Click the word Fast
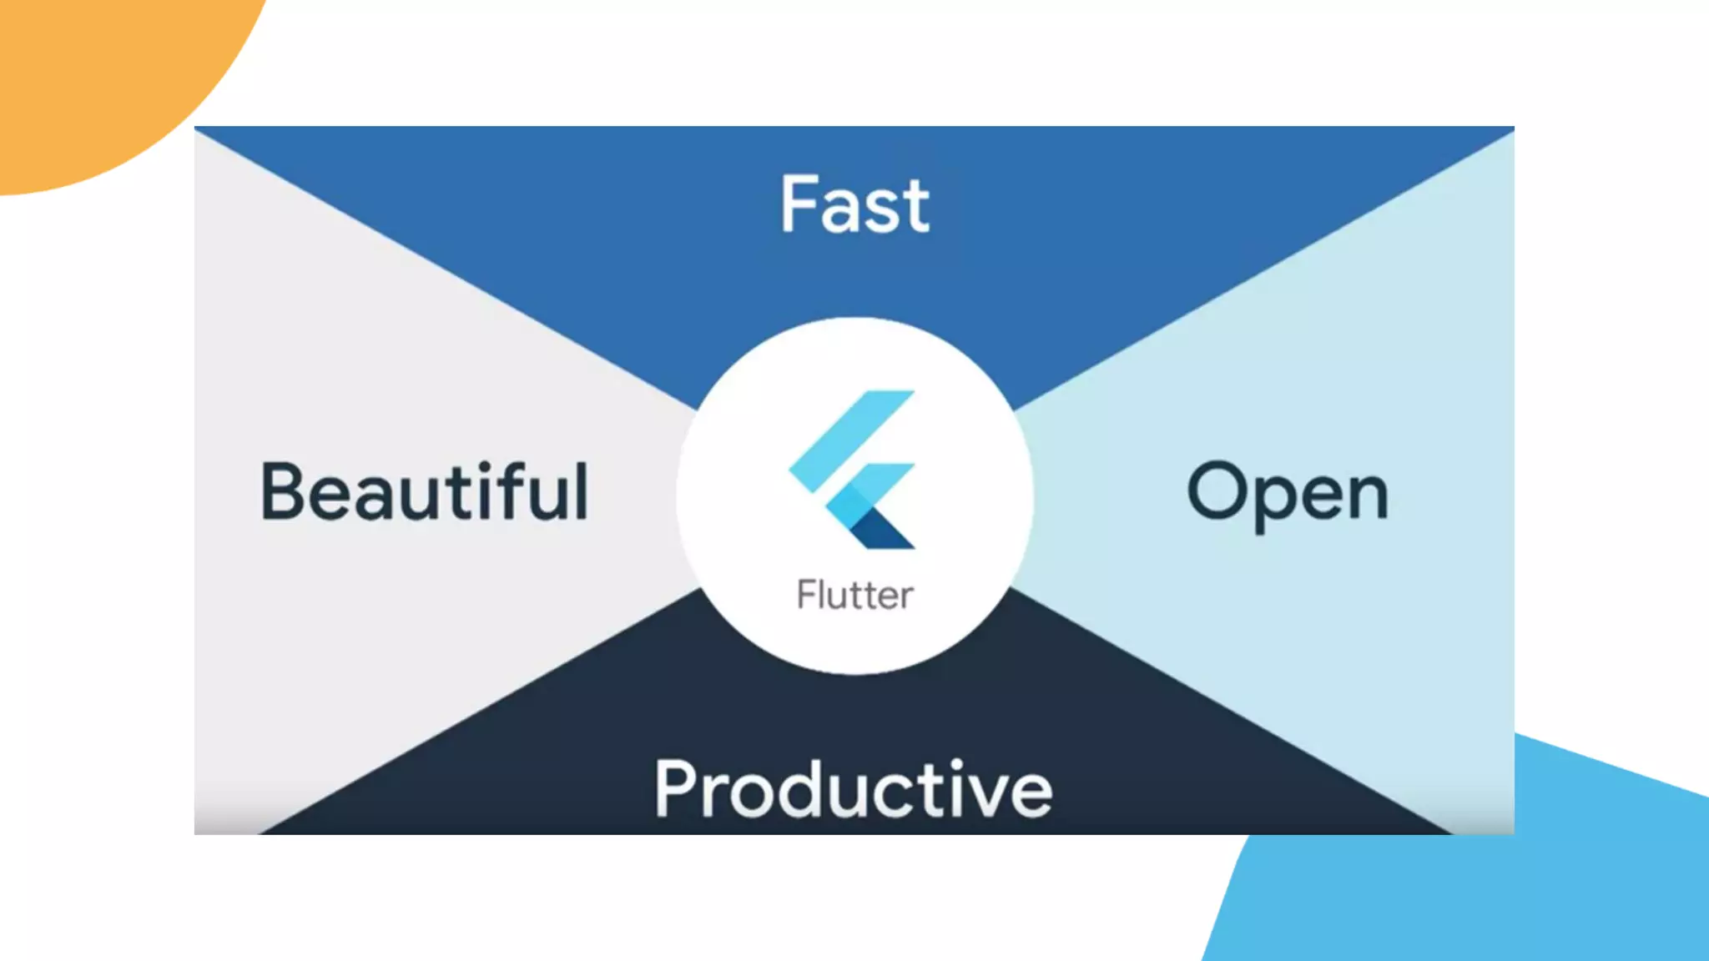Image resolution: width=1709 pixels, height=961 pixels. (x=854, y=204)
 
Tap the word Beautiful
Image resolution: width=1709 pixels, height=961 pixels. (x=425, y=492)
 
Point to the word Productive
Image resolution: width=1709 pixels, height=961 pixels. (x=853, y=789)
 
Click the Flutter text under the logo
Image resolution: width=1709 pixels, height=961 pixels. (x=855, y=596)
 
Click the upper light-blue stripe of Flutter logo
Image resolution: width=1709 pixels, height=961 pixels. (x=851, y=438)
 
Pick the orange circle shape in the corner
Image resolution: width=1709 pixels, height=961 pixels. (x=100, y=75)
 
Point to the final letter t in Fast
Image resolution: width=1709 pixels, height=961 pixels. (x=915, y=206)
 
